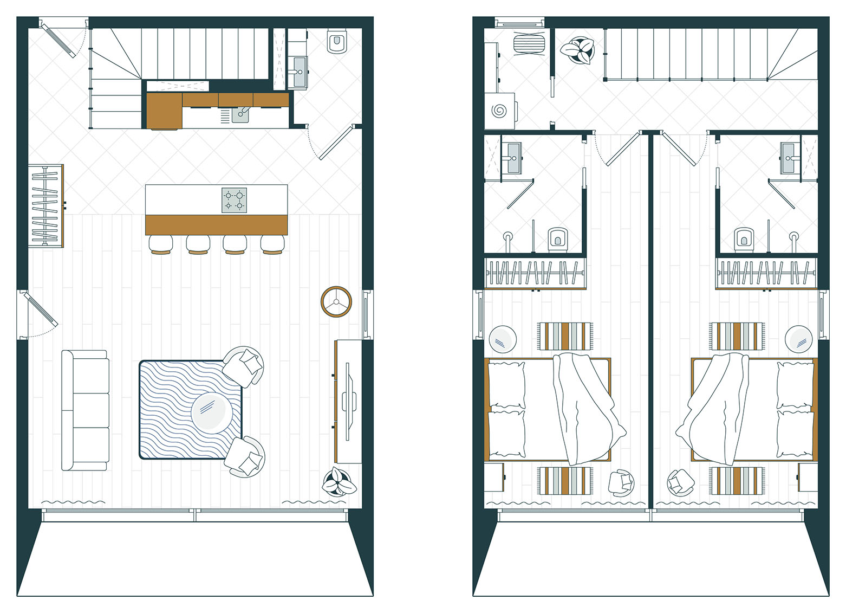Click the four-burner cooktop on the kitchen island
click(234, 200)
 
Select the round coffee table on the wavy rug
click(212, 411)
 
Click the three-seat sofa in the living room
click(85, 410)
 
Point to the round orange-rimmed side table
click(336, 302)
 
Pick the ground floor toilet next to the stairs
click(337, 42)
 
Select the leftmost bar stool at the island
click(161, 244)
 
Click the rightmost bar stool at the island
click(272, 244)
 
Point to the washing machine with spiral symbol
click(499, 111)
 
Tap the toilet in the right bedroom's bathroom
click(744, 238)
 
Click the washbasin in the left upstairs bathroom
click(511, 158)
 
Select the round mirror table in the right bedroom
click(798, 339)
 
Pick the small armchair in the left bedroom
click(621, 482)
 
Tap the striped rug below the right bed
click(737, 481)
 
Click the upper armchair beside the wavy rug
click(244, 365)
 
